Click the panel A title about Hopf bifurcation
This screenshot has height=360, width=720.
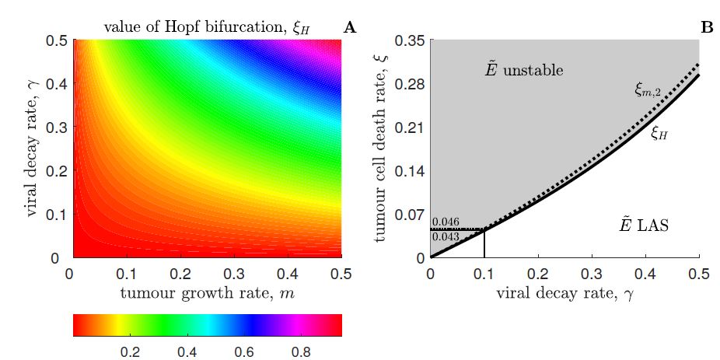[207, 28]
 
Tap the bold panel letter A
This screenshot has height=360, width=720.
[349, 28]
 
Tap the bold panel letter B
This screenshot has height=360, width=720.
[707, 28]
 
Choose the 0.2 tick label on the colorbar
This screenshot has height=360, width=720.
[129, 352]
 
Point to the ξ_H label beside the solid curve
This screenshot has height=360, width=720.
[660, 133]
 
